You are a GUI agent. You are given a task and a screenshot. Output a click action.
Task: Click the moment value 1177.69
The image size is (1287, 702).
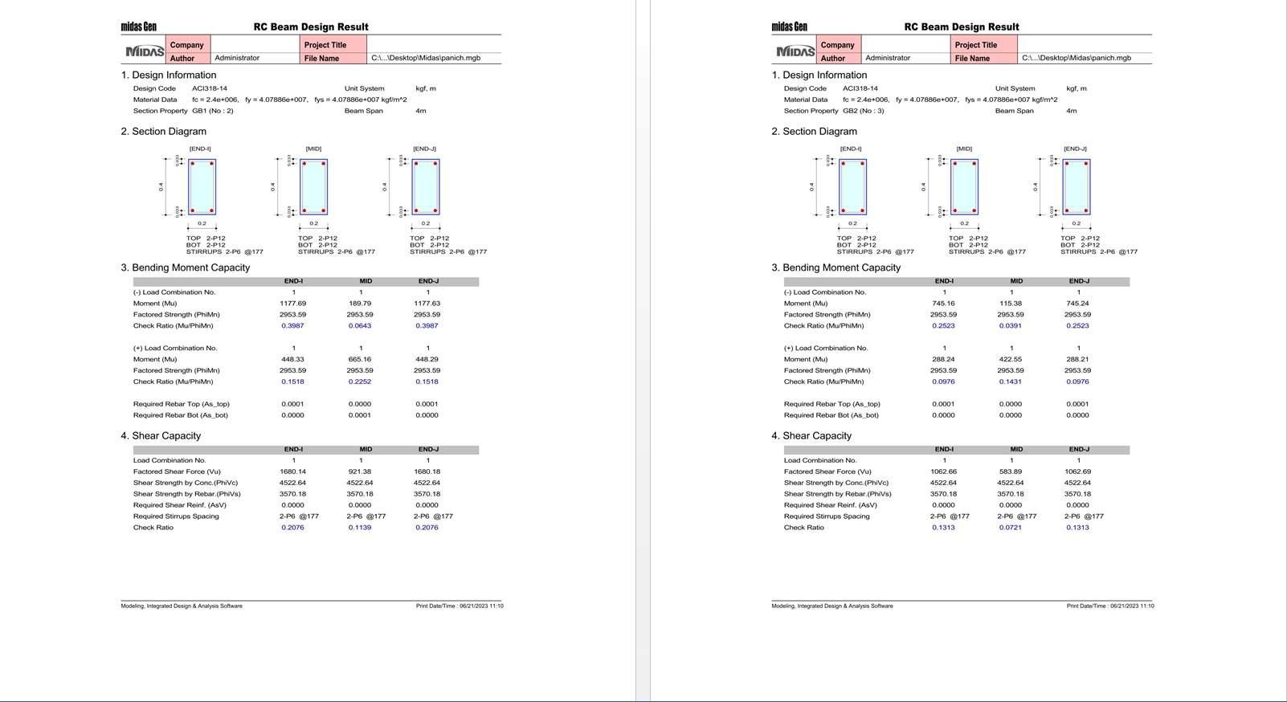(292, 304)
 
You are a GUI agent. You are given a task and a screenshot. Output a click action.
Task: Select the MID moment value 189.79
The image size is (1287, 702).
(360, 304)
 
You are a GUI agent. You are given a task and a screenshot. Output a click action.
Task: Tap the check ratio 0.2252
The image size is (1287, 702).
(360, 382)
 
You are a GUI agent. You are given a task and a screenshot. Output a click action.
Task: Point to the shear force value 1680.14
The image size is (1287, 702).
(292, 471)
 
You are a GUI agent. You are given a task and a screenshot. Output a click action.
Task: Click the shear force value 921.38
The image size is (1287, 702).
(360, 471)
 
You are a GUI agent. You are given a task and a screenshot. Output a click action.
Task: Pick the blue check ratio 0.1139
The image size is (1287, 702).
(360, 528)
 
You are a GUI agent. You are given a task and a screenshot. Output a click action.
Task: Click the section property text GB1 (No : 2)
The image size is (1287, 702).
(213, 111)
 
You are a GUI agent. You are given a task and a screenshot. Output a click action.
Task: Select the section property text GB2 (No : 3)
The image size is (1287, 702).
(864, 111)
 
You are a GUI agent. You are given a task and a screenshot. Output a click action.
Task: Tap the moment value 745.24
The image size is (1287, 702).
(1077, 304)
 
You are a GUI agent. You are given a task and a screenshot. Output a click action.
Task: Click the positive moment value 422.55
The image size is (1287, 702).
(1011, 359)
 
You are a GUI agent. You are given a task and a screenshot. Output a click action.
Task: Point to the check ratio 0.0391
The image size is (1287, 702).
(1011, 326)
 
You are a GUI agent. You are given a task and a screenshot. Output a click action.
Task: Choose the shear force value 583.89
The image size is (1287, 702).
(1011, 471)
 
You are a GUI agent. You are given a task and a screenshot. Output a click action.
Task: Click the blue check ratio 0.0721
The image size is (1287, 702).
(1011, 528)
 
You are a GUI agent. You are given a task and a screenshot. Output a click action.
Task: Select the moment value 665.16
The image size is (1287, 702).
(360, 359)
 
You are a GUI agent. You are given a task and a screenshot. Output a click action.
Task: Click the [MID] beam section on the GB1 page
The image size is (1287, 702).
(314, 187)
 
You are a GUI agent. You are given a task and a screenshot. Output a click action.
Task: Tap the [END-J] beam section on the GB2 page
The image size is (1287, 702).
(1077, 187)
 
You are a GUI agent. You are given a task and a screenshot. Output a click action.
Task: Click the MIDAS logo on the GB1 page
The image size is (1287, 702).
(145, 51)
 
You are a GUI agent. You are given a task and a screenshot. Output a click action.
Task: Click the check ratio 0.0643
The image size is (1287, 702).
(360, 326)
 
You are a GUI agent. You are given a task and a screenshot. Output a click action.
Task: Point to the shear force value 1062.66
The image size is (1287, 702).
(943, 471)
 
